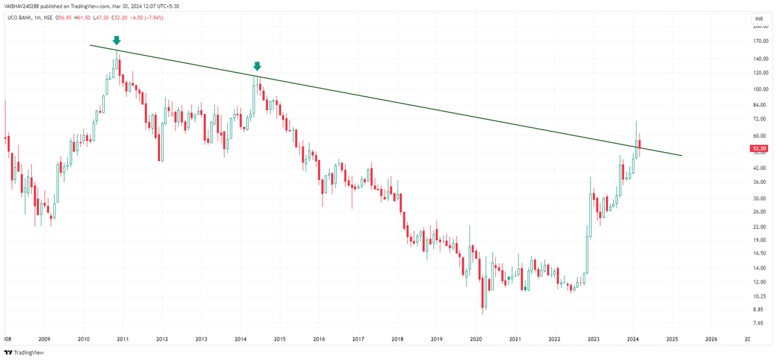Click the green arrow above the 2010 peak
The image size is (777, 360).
click(x=117, y=41)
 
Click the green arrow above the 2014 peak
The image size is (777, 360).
click(x=257, y=66)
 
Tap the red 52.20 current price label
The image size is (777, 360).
click(x=759, y=148)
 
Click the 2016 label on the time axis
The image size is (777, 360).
click(x=319, y=339)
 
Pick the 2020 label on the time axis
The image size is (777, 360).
click(x=476, y=339)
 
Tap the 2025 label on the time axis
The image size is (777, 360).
click(x=672, y=339)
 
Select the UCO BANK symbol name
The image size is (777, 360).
click(x=19, y=17)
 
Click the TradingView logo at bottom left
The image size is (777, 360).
click(x=27, y=353)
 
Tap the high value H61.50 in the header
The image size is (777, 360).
click(x=81, y=17)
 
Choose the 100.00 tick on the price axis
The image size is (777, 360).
click(x=760, y=89)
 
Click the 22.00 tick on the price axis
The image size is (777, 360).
click(x=759, y=227)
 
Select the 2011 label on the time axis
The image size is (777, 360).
click(x=122, y=339)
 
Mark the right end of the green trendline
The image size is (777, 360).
click(x=682, y=155)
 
